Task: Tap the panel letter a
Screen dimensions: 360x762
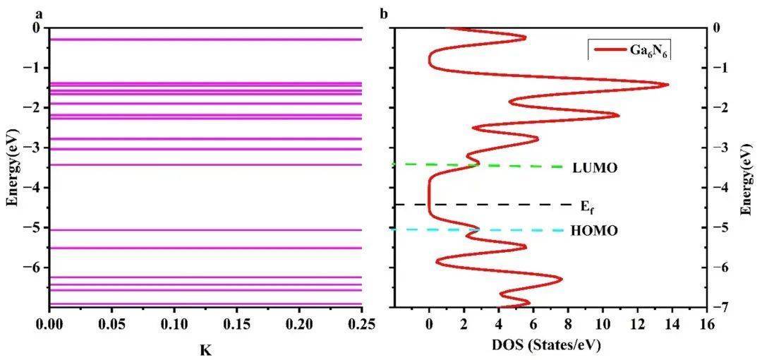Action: click(10, 13)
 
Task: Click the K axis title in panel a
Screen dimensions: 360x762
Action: click(205, 348)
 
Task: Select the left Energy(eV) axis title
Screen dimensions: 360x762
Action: click(11, 167)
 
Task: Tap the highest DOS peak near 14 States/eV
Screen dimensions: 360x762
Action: click(667, 85)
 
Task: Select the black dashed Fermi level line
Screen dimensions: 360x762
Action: click(494, 205)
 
